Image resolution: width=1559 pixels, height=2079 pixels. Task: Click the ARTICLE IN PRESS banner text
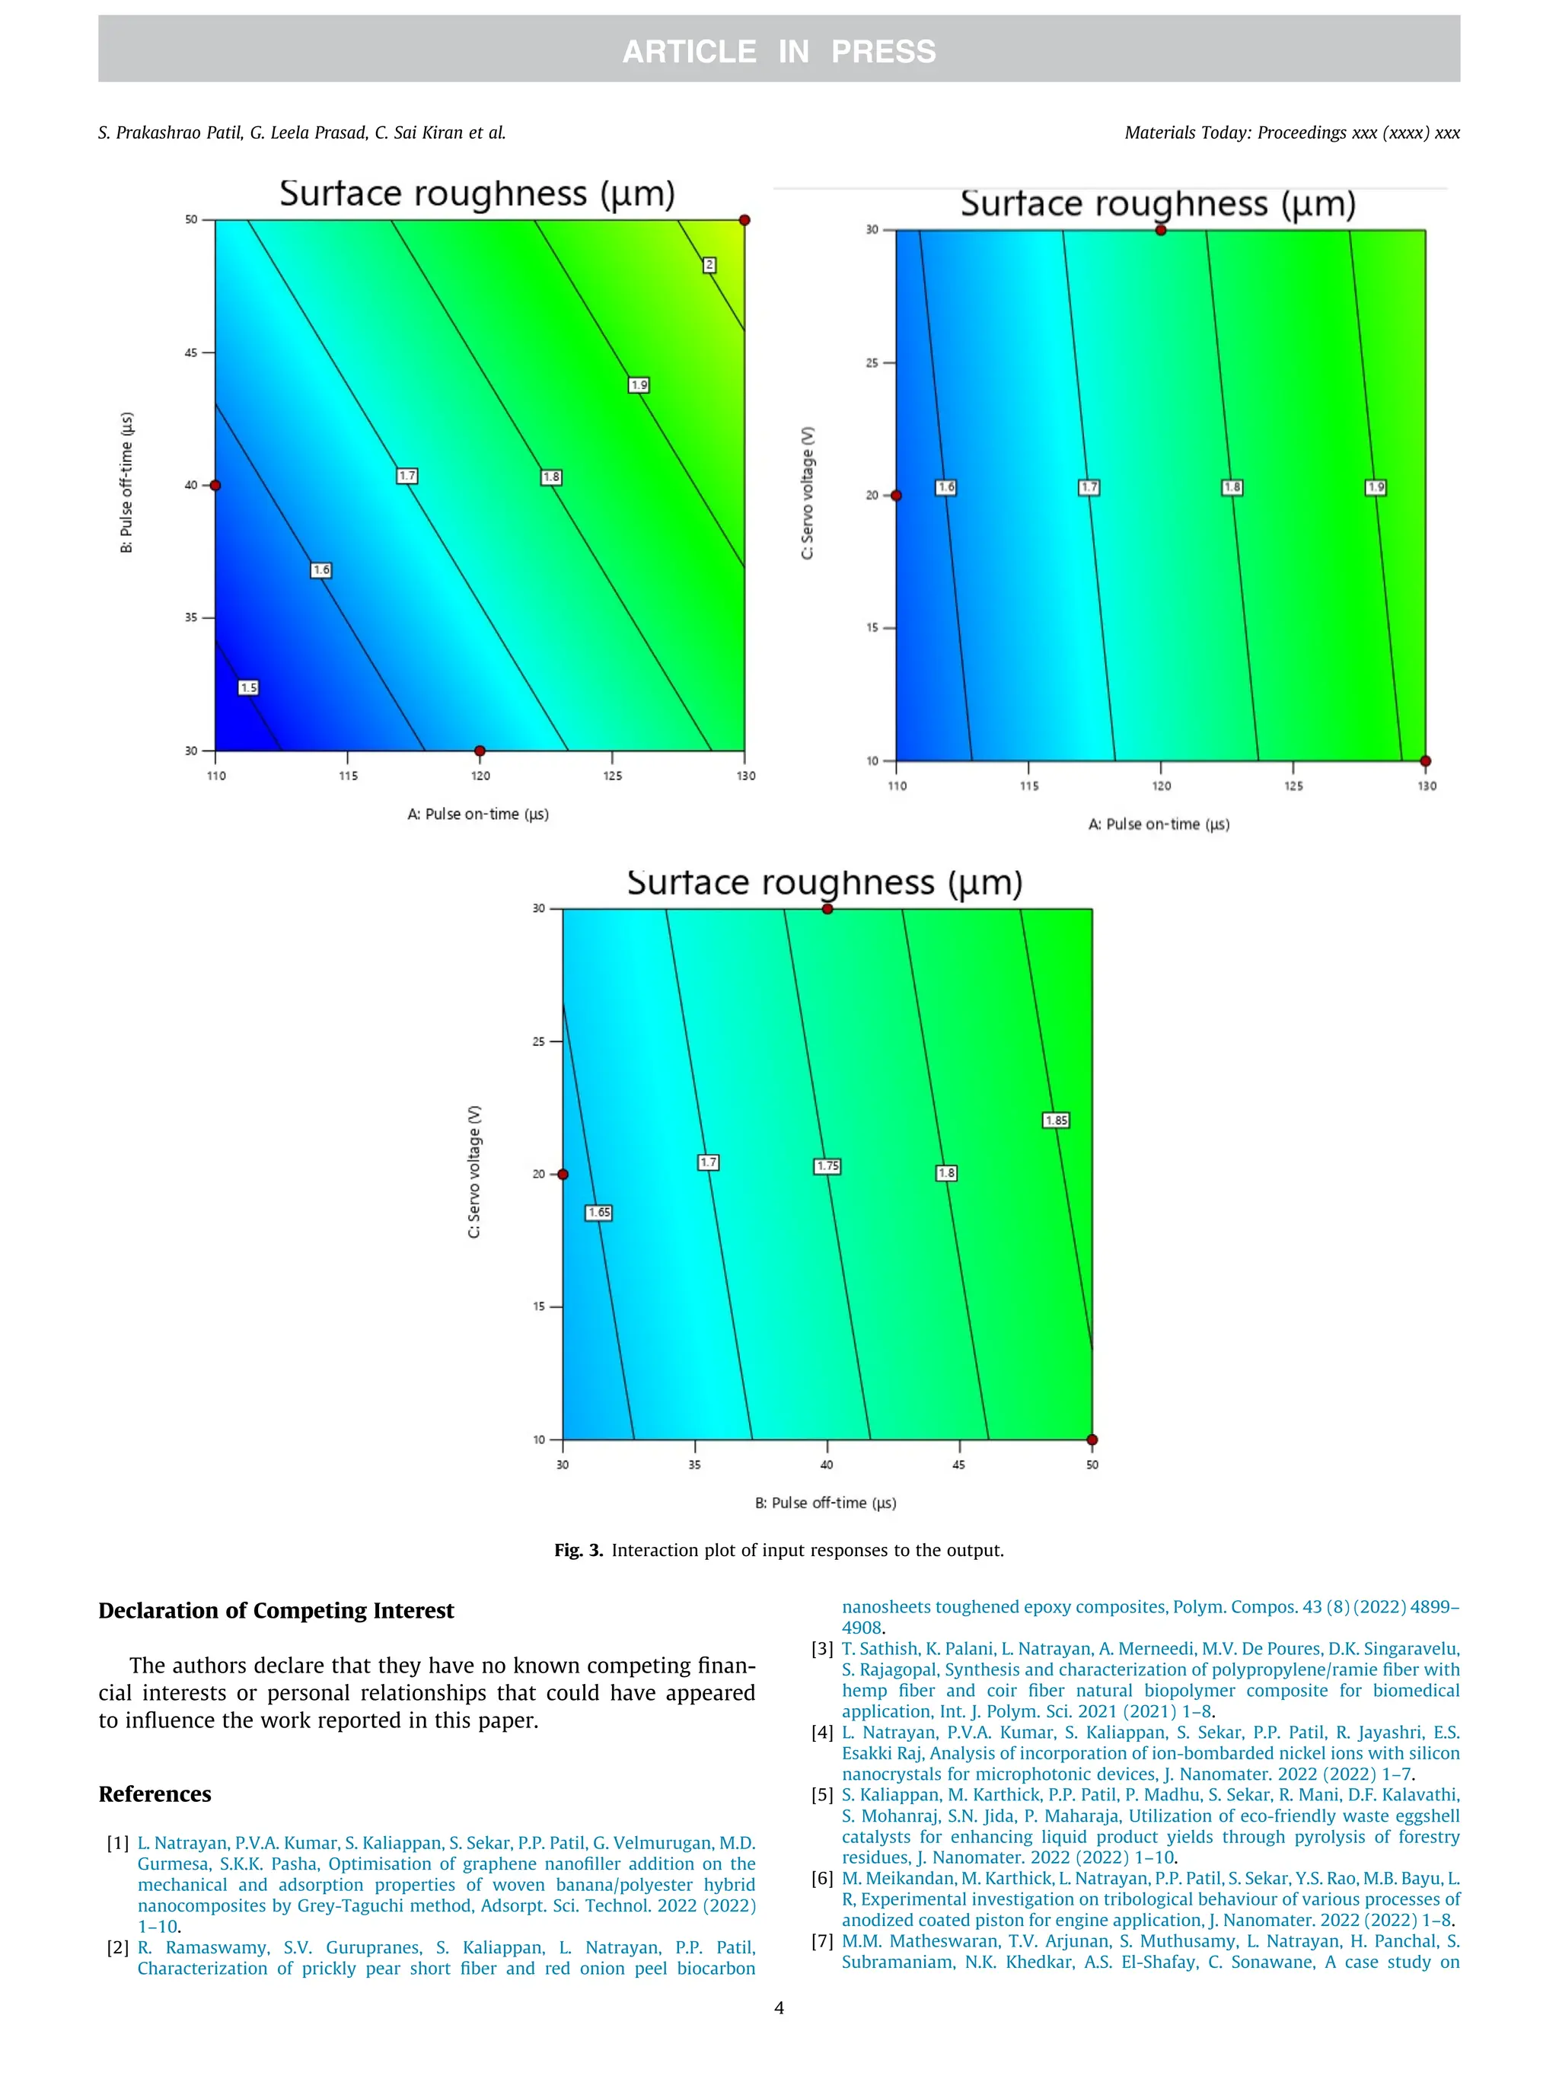[x=779, y=51]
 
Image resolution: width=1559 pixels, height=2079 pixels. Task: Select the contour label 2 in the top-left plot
[x=709, y=265]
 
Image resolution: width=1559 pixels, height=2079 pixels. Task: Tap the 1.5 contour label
[x=248, y=688]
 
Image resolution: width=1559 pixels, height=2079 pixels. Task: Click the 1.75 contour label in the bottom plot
[x=827, y=1166]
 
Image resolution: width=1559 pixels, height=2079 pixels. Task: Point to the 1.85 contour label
[x=1057, y=1121]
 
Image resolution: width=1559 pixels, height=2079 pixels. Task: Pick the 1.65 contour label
[x=598, y=1213]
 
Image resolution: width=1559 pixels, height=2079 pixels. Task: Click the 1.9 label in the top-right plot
[x=1376, y=488]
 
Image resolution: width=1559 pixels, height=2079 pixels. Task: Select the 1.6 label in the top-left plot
[x=321, y=570]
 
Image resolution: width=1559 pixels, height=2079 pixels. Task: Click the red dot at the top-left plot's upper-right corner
[x=744, y=220]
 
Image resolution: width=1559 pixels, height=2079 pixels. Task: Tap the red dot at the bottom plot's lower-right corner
[x=1092, y=1440]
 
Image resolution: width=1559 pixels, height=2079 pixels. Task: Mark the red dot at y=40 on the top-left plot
[x=215, y=486]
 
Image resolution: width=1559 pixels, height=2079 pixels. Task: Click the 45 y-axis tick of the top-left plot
[x=192, y=353]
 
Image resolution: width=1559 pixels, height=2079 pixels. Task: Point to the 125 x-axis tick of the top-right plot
[x=1293, y=786]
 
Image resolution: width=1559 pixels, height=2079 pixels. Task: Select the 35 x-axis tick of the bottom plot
[x=694, y=1465]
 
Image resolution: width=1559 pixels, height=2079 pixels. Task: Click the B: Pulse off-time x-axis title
[x=825, y=1503]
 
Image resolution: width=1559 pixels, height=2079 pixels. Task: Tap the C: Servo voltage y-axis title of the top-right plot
[x=807, y=493]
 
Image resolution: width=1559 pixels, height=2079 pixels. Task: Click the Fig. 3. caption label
[x=578, y=1550]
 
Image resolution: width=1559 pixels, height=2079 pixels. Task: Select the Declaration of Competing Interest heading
[x=276, y=1611]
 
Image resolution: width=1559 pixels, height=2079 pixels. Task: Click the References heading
[x=155, y=1794]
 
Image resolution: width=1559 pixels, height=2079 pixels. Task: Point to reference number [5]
[x=822, y=1795]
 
